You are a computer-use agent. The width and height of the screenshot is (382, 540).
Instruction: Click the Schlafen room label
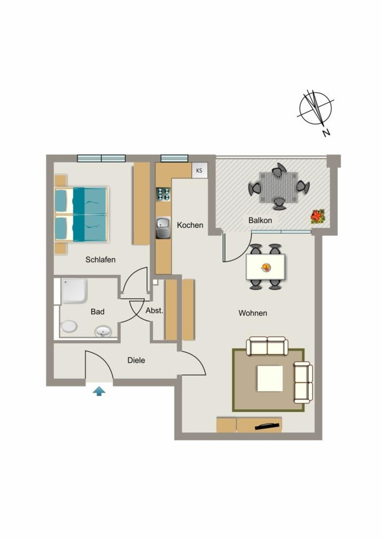tap(100, 259)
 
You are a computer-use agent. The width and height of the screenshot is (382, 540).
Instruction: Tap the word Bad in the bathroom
tap(98, 312)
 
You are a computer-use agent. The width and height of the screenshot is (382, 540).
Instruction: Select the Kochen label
tap(190, 225)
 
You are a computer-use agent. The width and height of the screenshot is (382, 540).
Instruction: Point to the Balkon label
tap(260, 220)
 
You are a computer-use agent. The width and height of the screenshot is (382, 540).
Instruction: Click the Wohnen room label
tap(253, 313)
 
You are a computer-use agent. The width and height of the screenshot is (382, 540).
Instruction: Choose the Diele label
tap(136, 361)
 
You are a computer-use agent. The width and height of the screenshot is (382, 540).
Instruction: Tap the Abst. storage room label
tap(154, 311)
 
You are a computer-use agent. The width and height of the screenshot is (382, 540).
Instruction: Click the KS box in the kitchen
tap(199, 170)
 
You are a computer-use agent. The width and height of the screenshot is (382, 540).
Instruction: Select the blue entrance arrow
tap(99, 391)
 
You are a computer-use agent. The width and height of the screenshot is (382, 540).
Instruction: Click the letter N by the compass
tap(326, 132)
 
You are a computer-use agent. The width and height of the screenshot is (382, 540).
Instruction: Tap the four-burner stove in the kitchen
tap(164, 194)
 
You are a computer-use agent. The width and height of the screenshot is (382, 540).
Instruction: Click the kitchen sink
tap(163, 228)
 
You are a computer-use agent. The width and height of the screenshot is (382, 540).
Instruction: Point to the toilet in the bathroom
tap(69, 326)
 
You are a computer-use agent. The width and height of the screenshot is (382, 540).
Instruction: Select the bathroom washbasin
tap(103, 332)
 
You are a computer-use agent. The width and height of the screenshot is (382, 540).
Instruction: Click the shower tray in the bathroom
tap(74, 291)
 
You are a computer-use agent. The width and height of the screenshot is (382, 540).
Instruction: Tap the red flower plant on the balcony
tap(317, 217)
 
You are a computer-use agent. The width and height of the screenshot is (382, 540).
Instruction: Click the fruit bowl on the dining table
tap(266, 267)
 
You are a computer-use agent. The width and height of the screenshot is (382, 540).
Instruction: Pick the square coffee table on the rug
tap(270, 379)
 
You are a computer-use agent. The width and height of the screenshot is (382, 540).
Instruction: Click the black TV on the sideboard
tap(268, 426)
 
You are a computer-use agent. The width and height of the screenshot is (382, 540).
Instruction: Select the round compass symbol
tap(316, 109)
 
